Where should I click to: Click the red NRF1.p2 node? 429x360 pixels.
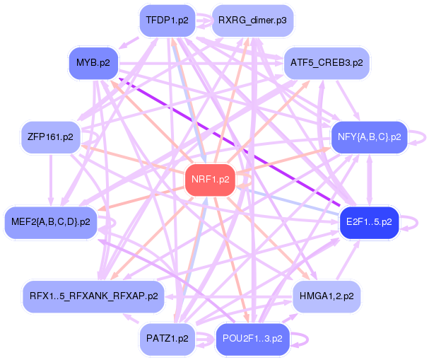[210, 180]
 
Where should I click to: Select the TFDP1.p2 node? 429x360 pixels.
[167, 20]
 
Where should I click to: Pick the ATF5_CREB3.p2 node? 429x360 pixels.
[327, 63]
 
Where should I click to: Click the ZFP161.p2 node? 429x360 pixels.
[50, 137]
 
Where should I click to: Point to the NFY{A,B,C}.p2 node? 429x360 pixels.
[369, 137]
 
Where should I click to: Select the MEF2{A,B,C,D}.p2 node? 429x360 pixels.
[50, 222]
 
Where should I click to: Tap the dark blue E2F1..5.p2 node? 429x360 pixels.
[369, 222]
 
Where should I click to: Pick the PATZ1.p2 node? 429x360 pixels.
[167, 338]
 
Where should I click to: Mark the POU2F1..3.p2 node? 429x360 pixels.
[252, 338]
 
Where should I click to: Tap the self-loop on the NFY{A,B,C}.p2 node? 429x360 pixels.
[420, 137]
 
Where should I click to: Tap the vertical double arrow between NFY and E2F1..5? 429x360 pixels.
[369, 180]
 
